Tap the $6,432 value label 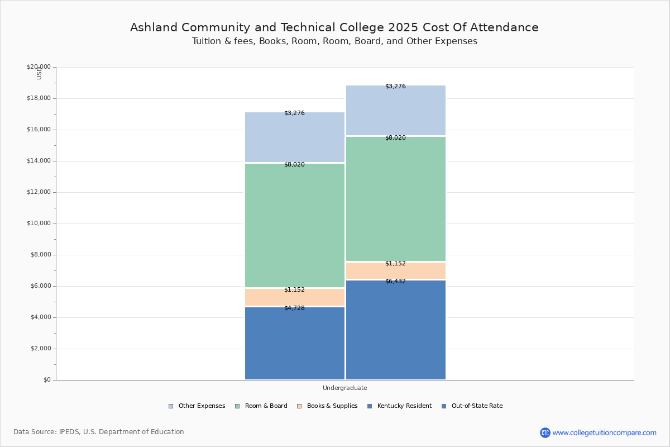point(395,282)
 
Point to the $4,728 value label point(294,308)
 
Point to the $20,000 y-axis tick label point(39,67)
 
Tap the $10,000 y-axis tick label point(39,223)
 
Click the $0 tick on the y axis point(46,380)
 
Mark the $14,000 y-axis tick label point(39,161)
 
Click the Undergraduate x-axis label point(344,388)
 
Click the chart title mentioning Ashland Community point(334,27)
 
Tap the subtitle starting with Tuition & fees point(334,41)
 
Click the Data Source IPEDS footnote point(99,432)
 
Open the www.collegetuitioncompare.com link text point(604,432)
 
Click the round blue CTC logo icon point(545,432)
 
